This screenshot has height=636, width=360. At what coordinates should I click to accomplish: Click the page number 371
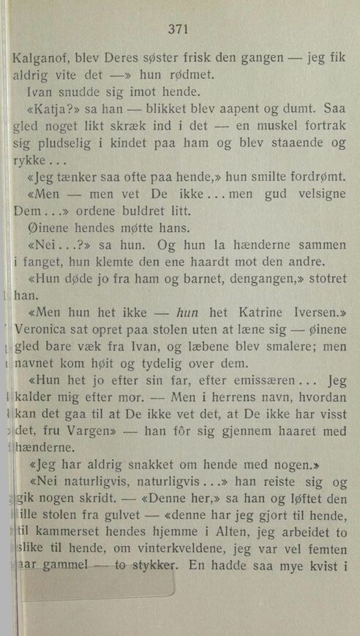click(179, 29)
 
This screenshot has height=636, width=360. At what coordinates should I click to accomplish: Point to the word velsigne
click(317, 198)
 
